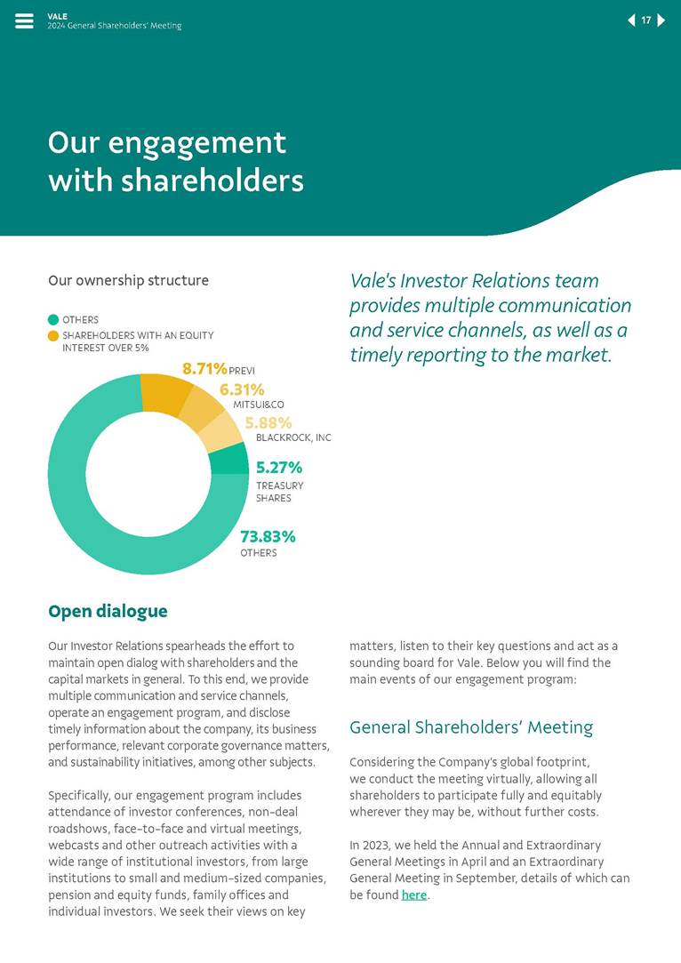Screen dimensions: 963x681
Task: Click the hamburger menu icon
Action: click(x=24, y=21)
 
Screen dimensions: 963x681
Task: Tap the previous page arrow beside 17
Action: click(x=631, y=20)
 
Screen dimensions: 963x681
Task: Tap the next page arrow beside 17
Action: click(x=661, y=20)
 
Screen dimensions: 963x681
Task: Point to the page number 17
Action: click(x=646, y=20)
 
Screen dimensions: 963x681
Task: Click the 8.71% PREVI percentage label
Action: click(x=204, y=368)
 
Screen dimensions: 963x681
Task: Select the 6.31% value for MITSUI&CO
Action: click(x=242, y=389)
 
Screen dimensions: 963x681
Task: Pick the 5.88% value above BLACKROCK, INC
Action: click(x=268, y=423)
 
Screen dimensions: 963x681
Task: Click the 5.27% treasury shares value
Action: click(x=279, y=468)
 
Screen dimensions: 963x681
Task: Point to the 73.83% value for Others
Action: click(x=268, y=537)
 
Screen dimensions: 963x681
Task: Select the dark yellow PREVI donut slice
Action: click(x=166, y=394)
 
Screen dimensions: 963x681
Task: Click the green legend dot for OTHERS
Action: click(x=53, y=320)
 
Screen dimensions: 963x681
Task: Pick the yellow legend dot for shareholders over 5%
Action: click(x=53, y=336)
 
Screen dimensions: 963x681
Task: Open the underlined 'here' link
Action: click(x=414, y=895)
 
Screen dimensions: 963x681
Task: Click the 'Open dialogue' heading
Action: click(x=108, y=612)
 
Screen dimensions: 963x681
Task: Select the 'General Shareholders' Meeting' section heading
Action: click(x=471, y=727)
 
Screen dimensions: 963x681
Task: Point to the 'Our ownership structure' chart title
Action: click(x=128, y=281)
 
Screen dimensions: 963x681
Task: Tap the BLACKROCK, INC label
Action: click(x=293, y=438)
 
